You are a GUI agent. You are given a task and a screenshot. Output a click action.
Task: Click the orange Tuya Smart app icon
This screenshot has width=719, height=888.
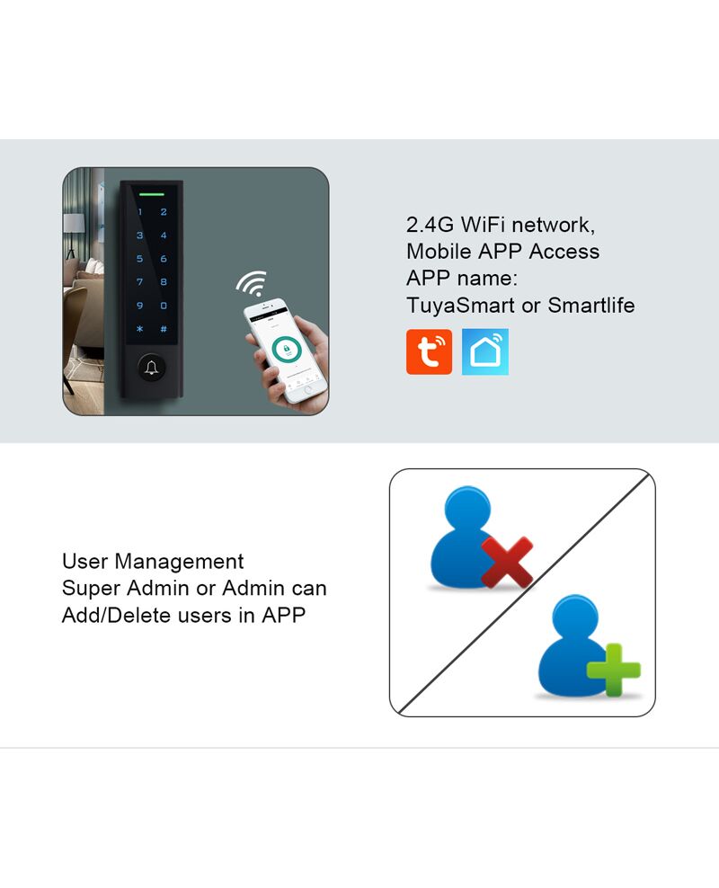tap(429, 351)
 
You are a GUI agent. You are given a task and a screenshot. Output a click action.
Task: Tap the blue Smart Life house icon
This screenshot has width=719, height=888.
tap(485, 351)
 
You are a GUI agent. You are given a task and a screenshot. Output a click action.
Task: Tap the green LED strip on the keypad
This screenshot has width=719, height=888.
tap(152, 194)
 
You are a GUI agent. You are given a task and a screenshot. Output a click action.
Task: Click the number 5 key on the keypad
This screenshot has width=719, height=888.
tap(140, 259)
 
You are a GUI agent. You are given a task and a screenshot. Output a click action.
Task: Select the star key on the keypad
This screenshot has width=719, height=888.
tap(140, 329)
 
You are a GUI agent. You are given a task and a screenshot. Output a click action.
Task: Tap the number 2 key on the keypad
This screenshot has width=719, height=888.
tap(164, 212)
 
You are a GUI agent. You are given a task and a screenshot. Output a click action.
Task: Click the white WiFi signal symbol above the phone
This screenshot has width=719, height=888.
tap(252, 283)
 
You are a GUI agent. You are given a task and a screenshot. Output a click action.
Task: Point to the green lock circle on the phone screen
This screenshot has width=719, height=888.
tap(286, 350)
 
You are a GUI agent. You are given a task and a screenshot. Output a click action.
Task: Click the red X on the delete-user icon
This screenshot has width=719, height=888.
tap(507, 562)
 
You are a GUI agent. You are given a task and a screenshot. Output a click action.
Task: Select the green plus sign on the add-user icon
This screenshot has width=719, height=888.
tap(614, 670)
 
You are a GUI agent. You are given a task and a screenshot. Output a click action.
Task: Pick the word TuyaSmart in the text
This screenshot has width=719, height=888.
tap(461, 306)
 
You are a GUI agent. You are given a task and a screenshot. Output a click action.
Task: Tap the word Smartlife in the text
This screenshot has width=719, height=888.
tap(591, 306)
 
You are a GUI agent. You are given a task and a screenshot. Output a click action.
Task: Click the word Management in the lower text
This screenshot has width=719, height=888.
tap(179, 562)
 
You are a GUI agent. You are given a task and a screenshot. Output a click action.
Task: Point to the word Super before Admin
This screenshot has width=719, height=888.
tap(91, 589)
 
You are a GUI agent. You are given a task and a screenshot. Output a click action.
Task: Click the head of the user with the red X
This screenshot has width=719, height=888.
tap(467, 507)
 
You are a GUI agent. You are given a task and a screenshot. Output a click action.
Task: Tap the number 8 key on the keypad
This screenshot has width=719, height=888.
tap(164, 282)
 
